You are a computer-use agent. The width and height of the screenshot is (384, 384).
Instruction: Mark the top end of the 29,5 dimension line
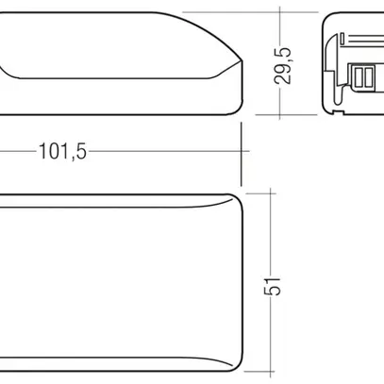click(284, 14)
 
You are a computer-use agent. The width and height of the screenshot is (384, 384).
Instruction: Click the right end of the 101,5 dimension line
click(243, 150)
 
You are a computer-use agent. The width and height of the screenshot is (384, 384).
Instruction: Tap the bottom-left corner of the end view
click(326, 112)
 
